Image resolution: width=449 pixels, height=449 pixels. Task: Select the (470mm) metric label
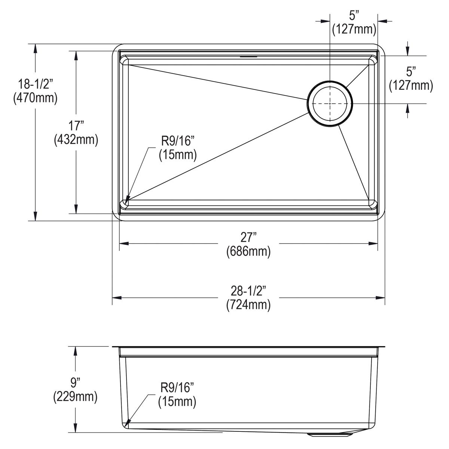35,98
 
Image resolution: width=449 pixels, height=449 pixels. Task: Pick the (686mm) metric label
248,252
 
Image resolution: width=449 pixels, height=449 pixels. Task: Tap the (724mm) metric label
248,305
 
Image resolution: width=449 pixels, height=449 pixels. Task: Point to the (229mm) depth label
76,397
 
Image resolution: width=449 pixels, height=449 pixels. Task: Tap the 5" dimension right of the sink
411,71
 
